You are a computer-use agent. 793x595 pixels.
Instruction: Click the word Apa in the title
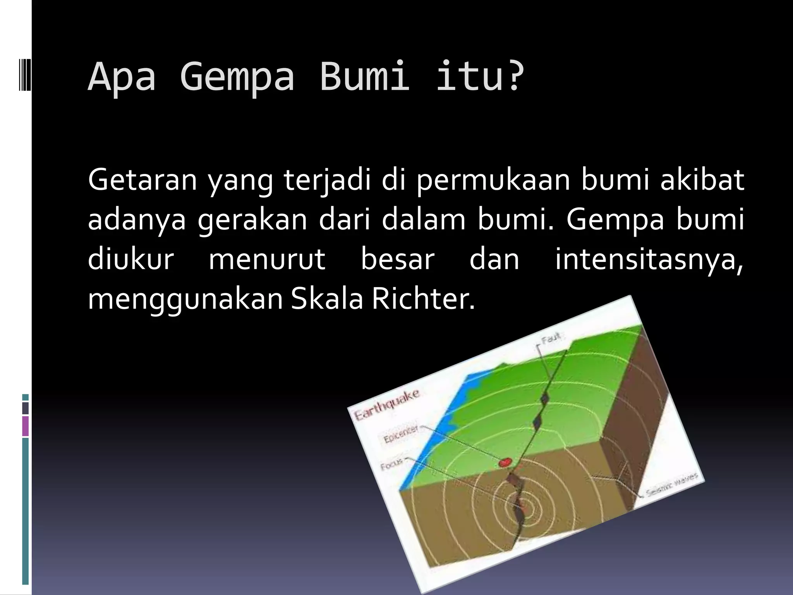pyautogui.click(x=122, y=76)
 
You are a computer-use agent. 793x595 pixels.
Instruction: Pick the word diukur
pyautogui.click(x=131, y=259)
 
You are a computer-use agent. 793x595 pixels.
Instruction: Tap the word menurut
pyautogui.click(x=267, y=260)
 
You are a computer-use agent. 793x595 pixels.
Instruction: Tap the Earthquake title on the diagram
pyautogui.click(x=387, y=405)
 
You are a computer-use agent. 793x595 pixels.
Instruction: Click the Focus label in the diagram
pyautogui.click(x=391, y=464)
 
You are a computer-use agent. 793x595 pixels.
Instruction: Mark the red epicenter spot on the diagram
pyautogui.click(x=505, y=462)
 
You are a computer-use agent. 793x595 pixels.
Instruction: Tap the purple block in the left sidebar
pyautogui.click(x=26, y=426)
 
